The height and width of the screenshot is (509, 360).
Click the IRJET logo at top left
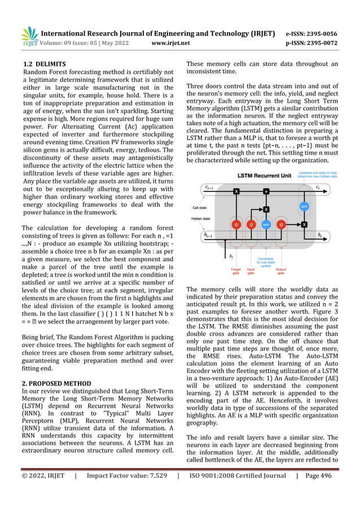coord(29,36)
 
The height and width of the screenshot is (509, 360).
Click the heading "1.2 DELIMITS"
coord(43,64)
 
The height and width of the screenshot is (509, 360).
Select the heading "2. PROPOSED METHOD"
coord(56,383)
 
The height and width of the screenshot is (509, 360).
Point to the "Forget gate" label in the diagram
coord(236,273)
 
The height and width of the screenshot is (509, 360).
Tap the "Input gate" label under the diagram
coord(251,273)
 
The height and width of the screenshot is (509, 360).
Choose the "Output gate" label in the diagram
coord(281,273)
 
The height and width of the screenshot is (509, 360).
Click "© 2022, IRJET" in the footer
coord(43,492)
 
